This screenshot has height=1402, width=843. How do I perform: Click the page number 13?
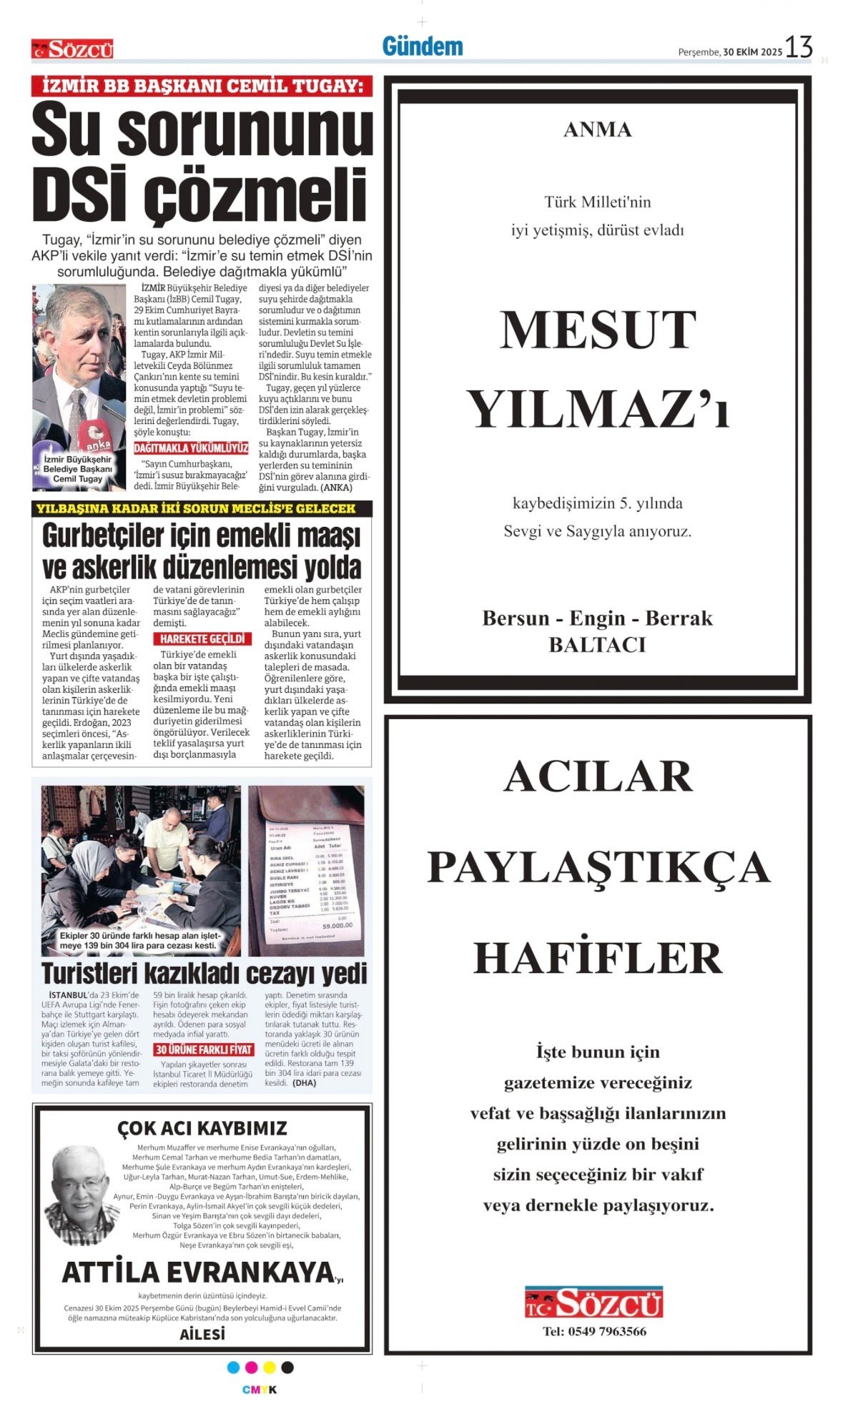799,48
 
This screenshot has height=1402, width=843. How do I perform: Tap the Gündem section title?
422,47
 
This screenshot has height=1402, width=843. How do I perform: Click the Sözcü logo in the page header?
72,49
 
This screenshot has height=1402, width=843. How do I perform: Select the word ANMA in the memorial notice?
597,130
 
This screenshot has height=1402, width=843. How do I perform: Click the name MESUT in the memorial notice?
597,330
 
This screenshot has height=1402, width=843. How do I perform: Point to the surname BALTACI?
597,645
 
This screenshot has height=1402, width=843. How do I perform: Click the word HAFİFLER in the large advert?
598,959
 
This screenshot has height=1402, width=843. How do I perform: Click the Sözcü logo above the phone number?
593,1303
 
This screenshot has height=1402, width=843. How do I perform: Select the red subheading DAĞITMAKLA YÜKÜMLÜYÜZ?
191,448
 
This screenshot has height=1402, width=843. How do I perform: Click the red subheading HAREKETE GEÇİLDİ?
202,639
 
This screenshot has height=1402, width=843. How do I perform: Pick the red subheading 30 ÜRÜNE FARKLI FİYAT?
204,1050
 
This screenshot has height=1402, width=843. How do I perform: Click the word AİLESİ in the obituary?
202,1334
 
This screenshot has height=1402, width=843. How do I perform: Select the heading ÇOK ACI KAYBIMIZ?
202,1128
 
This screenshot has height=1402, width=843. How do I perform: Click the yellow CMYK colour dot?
269,1367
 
